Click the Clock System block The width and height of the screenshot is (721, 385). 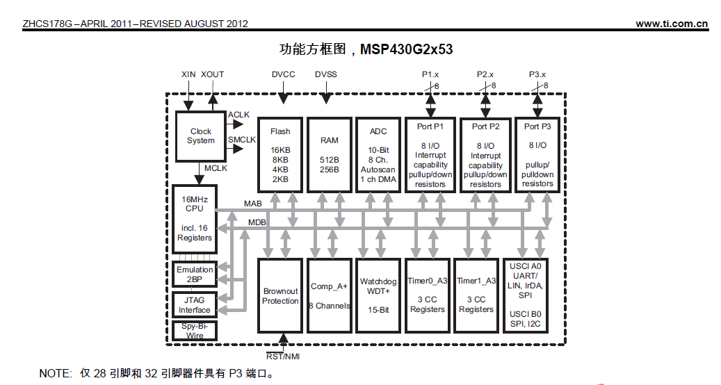point(200,136)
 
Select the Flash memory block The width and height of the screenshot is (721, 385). point(280,154)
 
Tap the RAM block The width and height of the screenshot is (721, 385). point(330,154)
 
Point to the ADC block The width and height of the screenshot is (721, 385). point(378,154)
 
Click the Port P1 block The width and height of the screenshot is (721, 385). point(430,154)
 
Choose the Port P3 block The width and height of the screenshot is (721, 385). point(537,154)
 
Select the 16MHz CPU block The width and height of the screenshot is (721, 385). point(195,219)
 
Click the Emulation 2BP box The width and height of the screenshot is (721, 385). point(195,275)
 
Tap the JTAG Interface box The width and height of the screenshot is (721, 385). point(195,305)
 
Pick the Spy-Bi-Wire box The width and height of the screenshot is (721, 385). point(195,331)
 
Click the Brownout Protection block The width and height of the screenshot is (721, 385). point(280,297)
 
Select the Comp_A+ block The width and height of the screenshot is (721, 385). point(330,297)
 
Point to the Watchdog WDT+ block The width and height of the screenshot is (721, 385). point(378,297)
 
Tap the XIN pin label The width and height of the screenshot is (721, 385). point(188,74)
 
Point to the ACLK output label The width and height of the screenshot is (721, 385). point(239,115)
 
